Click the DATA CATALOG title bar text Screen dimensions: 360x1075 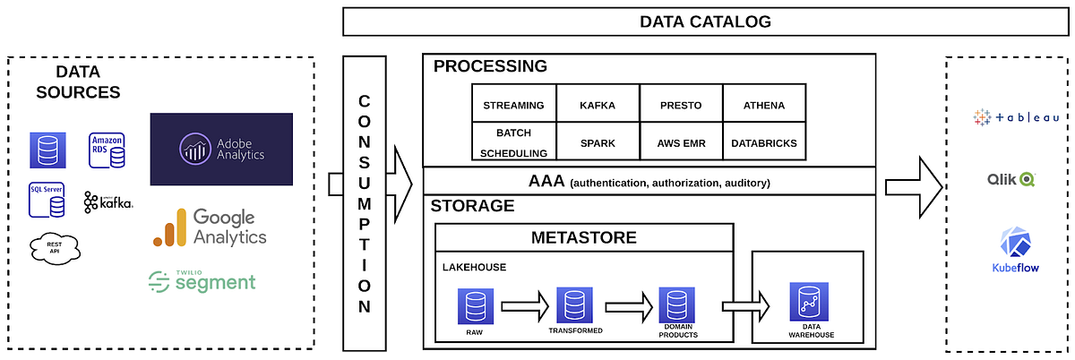pos(705,21)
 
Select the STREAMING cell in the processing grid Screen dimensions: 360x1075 pos(513,105)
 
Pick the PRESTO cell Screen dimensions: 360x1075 pos(680,105)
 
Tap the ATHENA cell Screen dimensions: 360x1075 pos(763,105)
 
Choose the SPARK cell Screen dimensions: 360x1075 pos(597,142)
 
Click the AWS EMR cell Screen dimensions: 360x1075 pos(680,142)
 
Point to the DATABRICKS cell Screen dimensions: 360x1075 pos(763,142)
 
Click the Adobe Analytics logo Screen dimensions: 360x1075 pos(221,149)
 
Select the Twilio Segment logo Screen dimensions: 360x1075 pos(202,280)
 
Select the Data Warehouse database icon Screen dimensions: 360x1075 pos(805,302)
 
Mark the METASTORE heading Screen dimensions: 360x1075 pos(583,237)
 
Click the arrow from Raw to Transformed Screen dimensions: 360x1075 pos(525,306)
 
